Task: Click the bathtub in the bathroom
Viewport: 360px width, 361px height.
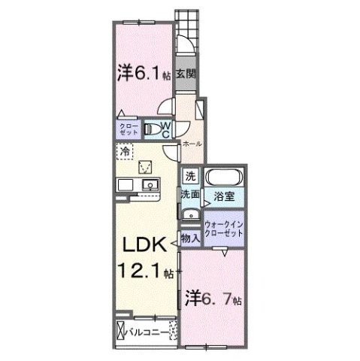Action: [223, 178]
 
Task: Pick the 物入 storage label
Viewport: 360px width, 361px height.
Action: [191, 238]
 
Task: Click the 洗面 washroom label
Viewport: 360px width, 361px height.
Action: [189, 195]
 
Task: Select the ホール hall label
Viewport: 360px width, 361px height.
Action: [191, 142]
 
